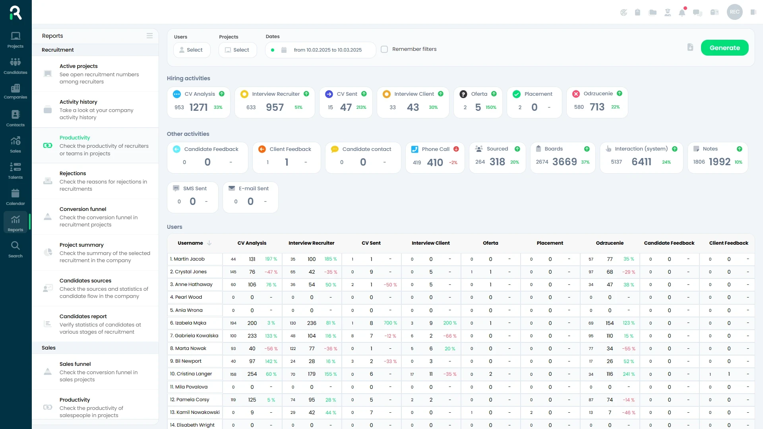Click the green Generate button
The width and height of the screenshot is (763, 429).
[x=724, y=48]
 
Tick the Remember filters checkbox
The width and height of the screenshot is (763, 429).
[x=384, y=49]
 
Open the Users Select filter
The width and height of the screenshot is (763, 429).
[x=192, y=50]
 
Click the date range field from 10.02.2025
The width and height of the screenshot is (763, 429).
[x=327, y=50]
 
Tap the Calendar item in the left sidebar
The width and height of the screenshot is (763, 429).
[x=15, y=197]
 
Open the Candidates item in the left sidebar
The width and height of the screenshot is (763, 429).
[x=15, y=66]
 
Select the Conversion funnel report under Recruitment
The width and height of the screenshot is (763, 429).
[x=83, y=209]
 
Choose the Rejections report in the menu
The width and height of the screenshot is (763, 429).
[x=73, y=173]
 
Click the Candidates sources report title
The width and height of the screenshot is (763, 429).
[x=85, y=280]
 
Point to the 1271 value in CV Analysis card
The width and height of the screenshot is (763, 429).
[x=198, y=107]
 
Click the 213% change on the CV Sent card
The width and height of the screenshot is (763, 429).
[x=361, y=107]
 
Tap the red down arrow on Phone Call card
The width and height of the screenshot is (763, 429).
[x=456, y=149]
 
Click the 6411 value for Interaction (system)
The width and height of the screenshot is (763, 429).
[x=641, y=162]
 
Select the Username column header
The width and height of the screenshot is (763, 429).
[x=190, y=243]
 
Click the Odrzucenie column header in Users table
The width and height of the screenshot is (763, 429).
[x=610, y=243]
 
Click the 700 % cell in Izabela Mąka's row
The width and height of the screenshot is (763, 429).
[x=390, y=323]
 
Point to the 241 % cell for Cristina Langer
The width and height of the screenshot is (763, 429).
[x=629, y=374]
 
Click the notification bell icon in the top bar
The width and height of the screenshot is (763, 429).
[x=682, y=12]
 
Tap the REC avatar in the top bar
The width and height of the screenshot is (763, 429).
[x=734, y=12]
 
